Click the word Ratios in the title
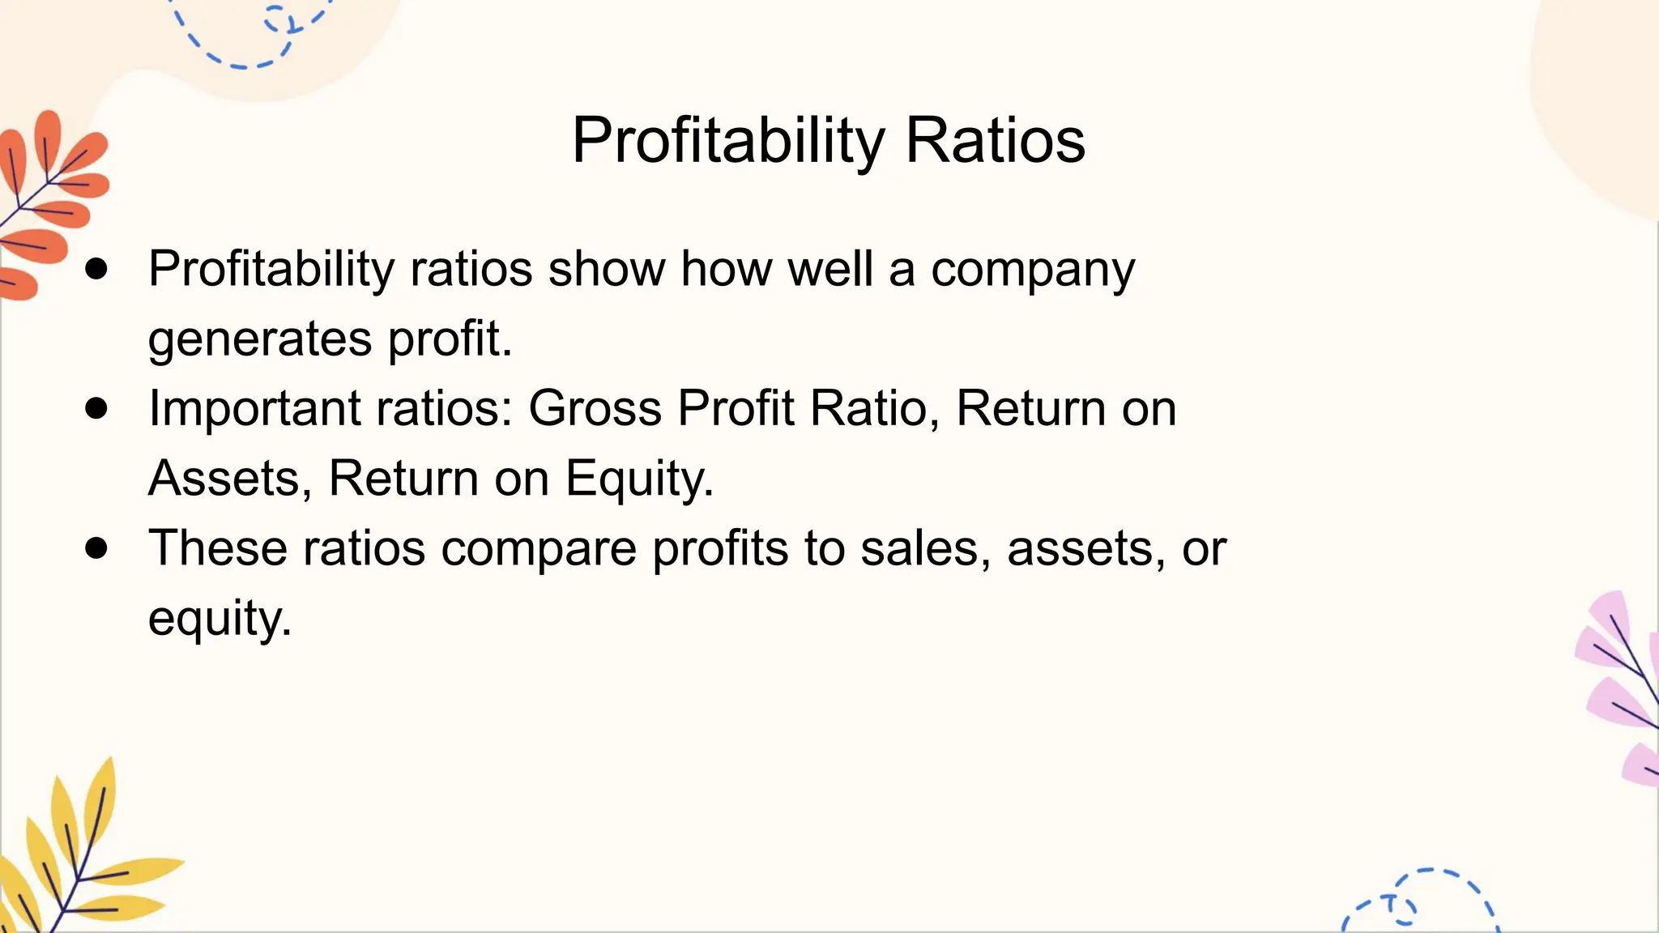click(x=995, y=141)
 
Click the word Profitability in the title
click(x=728, y=141)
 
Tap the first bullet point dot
click(x=96, y=269)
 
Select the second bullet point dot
click(x=96, y=408)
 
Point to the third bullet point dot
click(x=96, y=548)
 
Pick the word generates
click(x=260, y=339)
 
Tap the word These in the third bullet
click(x=218, y=548)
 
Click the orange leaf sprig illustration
click(x=49, y=202)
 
